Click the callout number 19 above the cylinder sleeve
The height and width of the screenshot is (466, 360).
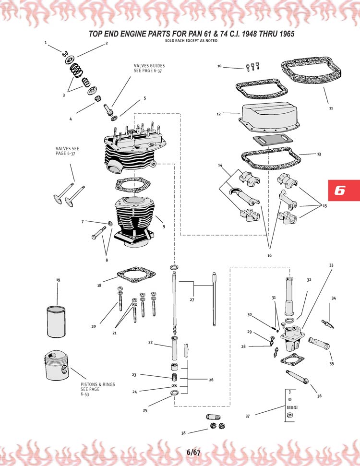pyautogui.click(x=58, y=280)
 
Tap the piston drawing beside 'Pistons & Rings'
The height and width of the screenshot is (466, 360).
pyautogui.click(x=57, y=366)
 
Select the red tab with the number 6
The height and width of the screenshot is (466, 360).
pyautogui.click(x=344, y=191)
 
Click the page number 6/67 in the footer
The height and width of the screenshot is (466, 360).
pyautogui.click(x=193, y=453)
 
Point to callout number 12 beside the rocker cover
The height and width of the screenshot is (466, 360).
pyautogui.click(x=219, y=114)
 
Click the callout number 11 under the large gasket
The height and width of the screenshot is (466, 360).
pyautogui.click(x=331, y=108)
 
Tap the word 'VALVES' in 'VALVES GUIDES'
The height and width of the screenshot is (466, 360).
pyautogui.click(x=140, y=66)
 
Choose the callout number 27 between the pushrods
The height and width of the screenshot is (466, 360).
pyautogui.click(x=192, y=300)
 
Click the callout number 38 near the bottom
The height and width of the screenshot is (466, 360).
pyautogui.click(x=183, y=433)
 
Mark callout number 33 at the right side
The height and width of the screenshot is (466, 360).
pyautogui.click(x=331, y=265)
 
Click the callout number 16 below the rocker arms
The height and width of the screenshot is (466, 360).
pyautogui.click(x=269, y=255)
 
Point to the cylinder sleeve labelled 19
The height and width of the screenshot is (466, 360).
pyautogui.click(x=56, y=322)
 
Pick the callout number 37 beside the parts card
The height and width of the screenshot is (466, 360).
pyautogui.click(x=248, y=417)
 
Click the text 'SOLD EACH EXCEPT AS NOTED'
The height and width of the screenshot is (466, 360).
pyautogui.click(x=191, y=41)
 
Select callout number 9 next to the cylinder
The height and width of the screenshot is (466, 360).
pyautogui.click(x=164, y=227)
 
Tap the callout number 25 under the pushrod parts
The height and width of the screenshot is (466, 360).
pyautogui.click(x=145, y=410)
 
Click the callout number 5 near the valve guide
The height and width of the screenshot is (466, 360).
pyautogui.click(x=145, y=98)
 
